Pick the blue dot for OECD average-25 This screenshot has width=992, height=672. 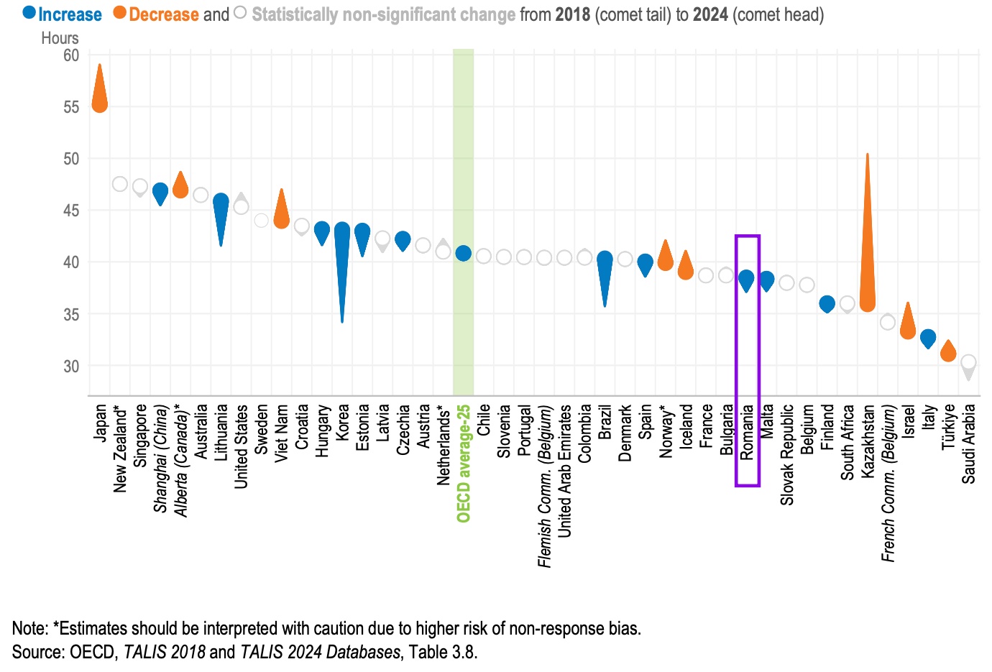tap(464, 253)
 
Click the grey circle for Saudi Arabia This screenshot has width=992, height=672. tap(968, 362)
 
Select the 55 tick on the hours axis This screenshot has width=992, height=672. tap(71, 107)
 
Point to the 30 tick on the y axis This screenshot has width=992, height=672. tap(71, 366)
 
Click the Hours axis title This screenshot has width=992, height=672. tap(60, 38)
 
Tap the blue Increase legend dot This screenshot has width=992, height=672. tap(29, 12)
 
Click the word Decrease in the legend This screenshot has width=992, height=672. tap(164, 14)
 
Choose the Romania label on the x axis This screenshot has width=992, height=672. tap(748, 432)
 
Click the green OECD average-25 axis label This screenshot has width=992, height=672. tap(464, 464)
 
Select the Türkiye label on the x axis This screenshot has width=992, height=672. tap(949, 427)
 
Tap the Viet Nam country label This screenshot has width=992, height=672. tap(282, 433)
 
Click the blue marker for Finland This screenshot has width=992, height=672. tap(827, 304)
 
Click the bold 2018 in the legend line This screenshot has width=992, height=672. tap(573, 14)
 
